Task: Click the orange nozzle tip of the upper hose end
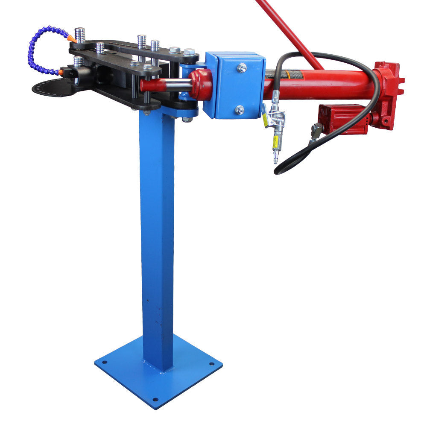tap(72, 39)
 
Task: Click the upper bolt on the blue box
tap(242, 67)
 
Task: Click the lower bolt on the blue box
tap(240, 110)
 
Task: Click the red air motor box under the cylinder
tap(342, 118)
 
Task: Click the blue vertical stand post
tap(157, 239)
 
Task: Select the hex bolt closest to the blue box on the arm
tap(189, 52)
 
